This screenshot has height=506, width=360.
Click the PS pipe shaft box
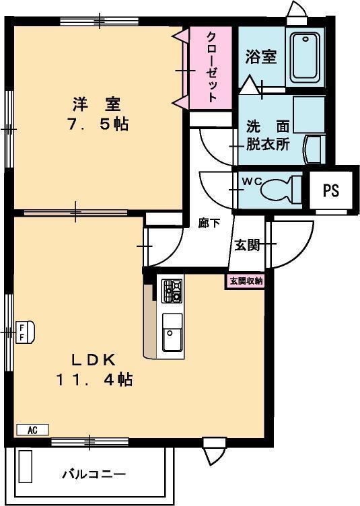coord(331,190)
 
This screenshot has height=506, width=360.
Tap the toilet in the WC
coord(281,190)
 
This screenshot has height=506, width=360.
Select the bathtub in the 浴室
coord(305,57)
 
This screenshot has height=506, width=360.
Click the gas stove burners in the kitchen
coord(172,291)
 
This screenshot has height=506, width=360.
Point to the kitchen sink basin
coord(172,332)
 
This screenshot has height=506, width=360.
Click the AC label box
coord(32,430)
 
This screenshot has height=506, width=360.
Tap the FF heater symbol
coord(25,332)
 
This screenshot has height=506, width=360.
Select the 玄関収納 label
coord(246,281)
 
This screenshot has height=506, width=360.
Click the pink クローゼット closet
coord(211,68)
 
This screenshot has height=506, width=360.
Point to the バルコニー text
coord(94,474)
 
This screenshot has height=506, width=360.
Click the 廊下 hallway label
coord(209,223)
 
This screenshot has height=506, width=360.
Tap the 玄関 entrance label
coord(247,245)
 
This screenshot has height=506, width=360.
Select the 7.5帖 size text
coord(98,124)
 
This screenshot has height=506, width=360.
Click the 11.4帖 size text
coord(94,379)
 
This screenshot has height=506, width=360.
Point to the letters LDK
coord(94,360)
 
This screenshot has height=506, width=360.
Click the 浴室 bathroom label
coord(261,57)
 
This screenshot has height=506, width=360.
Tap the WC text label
coord(252,182)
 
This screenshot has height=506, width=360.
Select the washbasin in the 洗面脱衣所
coord(314,149)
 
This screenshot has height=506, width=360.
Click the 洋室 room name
coord(96,104)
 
